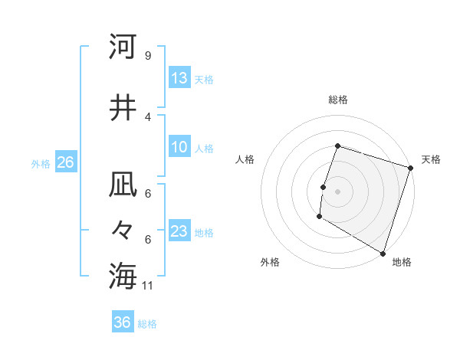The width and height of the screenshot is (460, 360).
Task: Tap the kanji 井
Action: coord(123,107)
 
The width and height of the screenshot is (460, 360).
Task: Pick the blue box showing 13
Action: coord(179,78)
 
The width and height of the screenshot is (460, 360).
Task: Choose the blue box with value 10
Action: coord(179,148)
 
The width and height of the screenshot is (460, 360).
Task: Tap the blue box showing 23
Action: coord(179,232)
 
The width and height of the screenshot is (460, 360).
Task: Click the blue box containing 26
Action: coord(65,162)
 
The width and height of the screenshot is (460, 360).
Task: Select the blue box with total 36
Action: coord(123,323)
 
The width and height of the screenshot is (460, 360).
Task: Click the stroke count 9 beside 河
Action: coord(147,55)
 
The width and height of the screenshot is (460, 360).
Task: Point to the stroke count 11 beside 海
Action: coord(148,286)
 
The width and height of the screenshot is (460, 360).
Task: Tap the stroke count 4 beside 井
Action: coord(147,116)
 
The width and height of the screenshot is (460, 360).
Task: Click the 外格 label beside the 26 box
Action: coord(41,163)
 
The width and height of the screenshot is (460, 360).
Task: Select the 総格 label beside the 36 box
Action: coord(147,324)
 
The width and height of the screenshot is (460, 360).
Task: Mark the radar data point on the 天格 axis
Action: coord(410,170)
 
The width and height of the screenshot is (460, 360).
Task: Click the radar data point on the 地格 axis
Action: coord(383,253)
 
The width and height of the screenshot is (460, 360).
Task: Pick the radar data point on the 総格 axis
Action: coord(337,146)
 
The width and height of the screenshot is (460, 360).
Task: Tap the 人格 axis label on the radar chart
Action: coord(245,159)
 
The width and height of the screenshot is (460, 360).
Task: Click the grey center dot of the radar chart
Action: coord(337,191)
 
